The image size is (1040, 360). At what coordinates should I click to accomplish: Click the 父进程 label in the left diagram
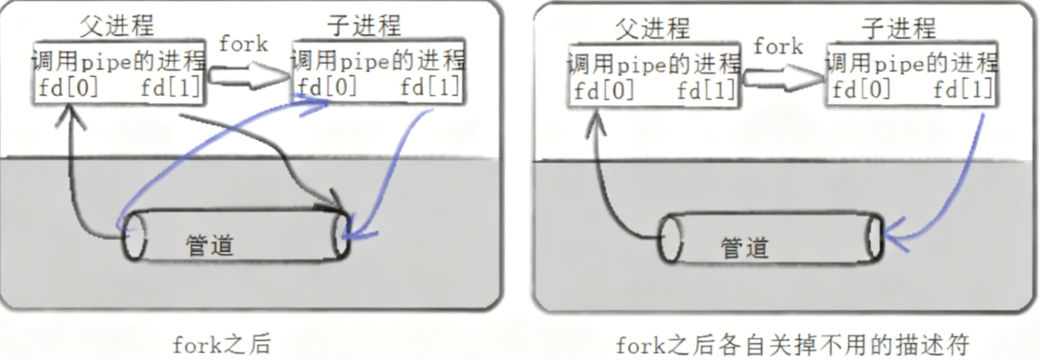tap(117, 27)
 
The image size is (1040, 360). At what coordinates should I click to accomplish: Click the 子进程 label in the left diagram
tap(364, 26)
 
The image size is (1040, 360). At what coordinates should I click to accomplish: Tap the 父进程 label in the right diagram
tap(653, 28)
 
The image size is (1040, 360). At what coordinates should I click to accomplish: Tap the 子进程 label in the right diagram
tap(899, 29)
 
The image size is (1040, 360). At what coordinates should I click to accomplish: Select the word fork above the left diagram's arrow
tap(243, 44)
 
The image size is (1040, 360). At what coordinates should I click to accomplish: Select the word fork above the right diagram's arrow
tap(778, 47)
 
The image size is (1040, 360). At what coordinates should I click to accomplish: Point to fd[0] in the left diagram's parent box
tap(68, 89)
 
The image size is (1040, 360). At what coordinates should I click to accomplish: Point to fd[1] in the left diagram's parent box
tap(170, 89)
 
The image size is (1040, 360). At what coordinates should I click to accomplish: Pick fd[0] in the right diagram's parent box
tap(604, 91)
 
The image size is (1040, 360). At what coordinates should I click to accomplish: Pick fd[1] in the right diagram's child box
tap(963, 91)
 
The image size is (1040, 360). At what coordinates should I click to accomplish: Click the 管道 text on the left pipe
tap(210, 246)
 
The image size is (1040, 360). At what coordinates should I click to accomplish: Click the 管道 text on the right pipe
tap(745, 247)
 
